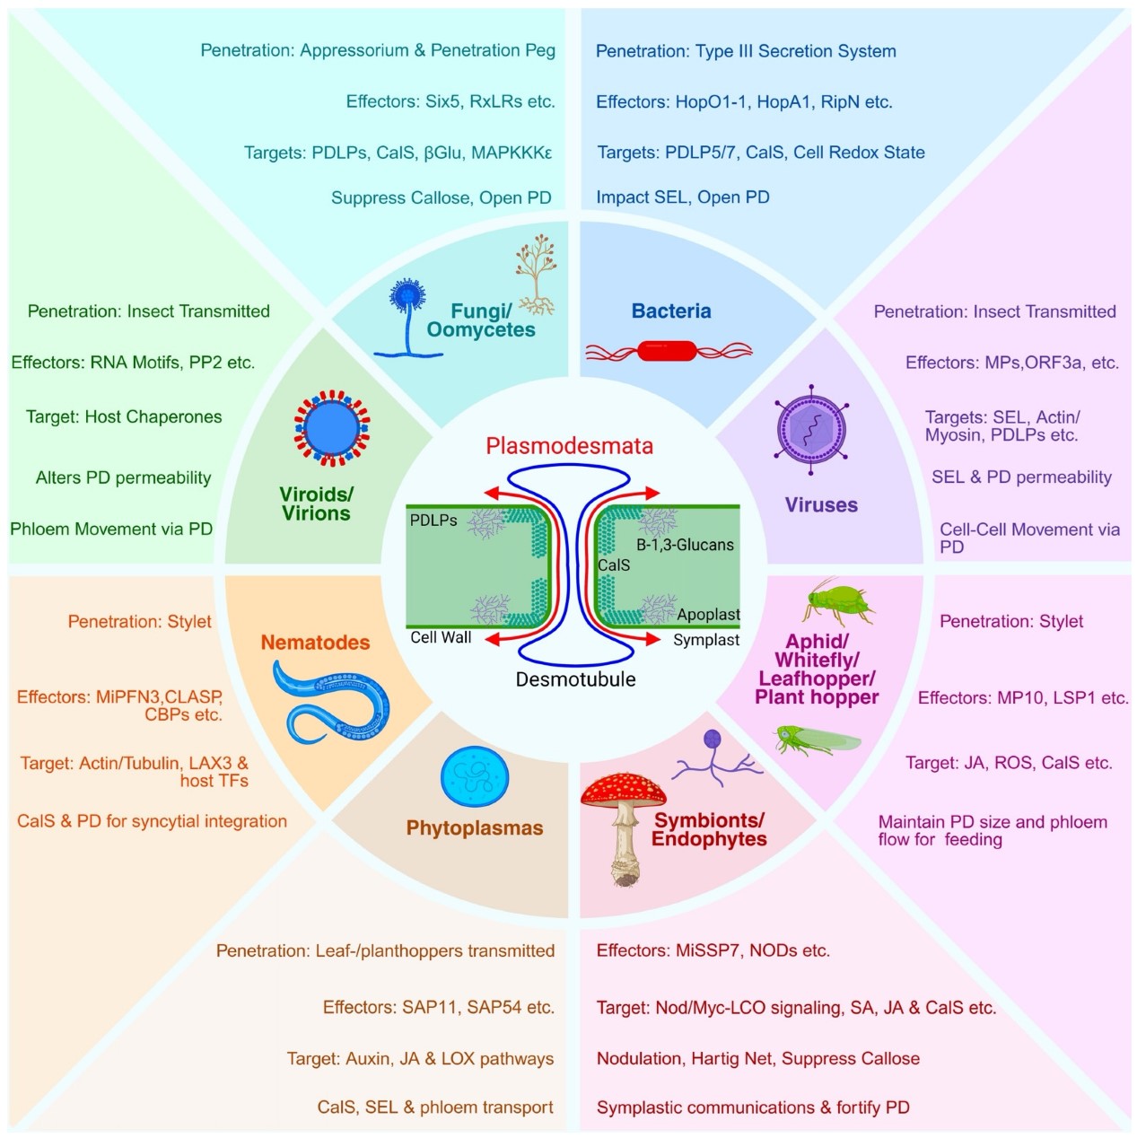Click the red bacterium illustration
click(668, 351)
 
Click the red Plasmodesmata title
click(569, 446)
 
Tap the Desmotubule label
click(575, 679)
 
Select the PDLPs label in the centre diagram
click(433, 521)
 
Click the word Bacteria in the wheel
click(671, 311)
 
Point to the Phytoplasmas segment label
click(475, 827)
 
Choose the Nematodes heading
click(315, 643)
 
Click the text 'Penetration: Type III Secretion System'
click(746, 51)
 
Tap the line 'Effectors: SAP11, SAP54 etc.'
click(438, 1007)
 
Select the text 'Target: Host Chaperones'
click(124, 416)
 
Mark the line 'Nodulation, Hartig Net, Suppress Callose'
click(757, 1058)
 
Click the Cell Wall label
click(441, 637)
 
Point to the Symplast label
click(706, 640)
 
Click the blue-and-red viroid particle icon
click(331, 428)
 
